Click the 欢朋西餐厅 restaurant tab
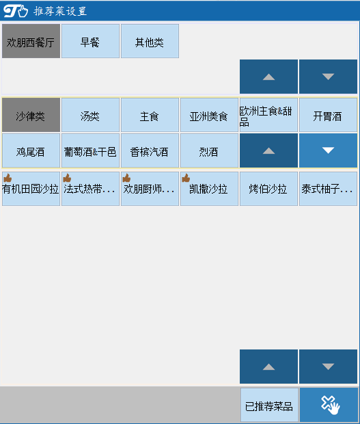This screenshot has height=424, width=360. coord(31,41)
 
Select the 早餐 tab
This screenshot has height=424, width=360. coord(90,41)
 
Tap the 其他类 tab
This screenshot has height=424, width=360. coord(150,41)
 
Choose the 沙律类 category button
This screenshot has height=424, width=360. coord(31,115)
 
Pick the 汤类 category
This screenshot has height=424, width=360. coord(90,115)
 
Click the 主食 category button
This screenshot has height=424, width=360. coord(150,115)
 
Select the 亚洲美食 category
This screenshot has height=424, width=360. coord(209,115)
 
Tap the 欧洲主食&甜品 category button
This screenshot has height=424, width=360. coord(268,115)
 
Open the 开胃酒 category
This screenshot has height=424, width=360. coord(328,115)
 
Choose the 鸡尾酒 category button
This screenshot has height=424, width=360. coord(31,150)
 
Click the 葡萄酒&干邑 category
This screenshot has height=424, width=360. coord(90,150)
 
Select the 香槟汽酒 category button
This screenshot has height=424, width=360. coord(150,150)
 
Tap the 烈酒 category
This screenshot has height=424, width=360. coord(209,150)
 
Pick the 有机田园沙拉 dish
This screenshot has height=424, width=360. coord(31,189)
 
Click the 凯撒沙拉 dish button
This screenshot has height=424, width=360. coord(209,189)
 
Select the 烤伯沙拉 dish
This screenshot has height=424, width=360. coord(268,189)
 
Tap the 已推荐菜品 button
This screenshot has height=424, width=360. coord(269,405)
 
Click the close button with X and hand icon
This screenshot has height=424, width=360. coord(329,405)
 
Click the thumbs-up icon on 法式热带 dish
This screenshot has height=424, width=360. coord(67,178)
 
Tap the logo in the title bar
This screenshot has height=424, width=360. coord(16,12)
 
